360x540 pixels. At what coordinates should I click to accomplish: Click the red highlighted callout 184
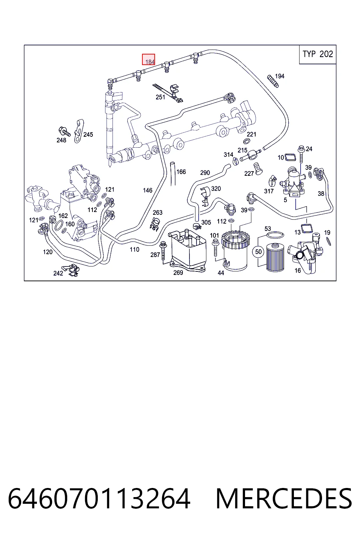point(148,59)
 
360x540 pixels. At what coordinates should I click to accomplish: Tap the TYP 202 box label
point(317,54)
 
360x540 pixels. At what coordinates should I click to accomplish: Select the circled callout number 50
point(258,252)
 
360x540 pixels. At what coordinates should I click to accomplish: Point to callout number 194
point(280,76)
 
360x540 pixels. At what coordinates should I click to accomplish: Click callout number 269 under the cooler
point(178,273)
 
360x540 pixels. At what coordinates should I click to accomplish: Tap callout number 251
point(160,97)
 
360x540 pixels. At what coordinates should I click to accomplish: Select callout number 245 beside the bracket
point(88,135)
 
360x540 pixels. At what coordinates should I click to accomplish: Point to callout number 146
point(148,191)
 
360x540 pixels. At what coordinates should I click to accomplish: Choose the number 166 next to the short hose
point(181,172)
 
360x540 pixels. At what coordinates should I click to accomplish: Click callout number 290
point(205,173)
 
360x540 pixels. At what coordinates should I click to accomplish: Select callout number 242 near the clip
point(58,273)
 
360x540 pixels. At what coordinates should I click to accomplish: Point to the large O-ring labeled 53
point(275,234)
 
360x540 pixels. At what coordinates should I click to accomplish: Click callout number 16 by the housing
point(298,271)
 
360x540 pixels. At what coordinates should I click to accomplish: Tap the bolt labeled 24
point(301,154)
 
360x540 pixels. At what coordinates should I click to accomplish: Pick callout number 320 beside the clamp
point(216,188)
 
